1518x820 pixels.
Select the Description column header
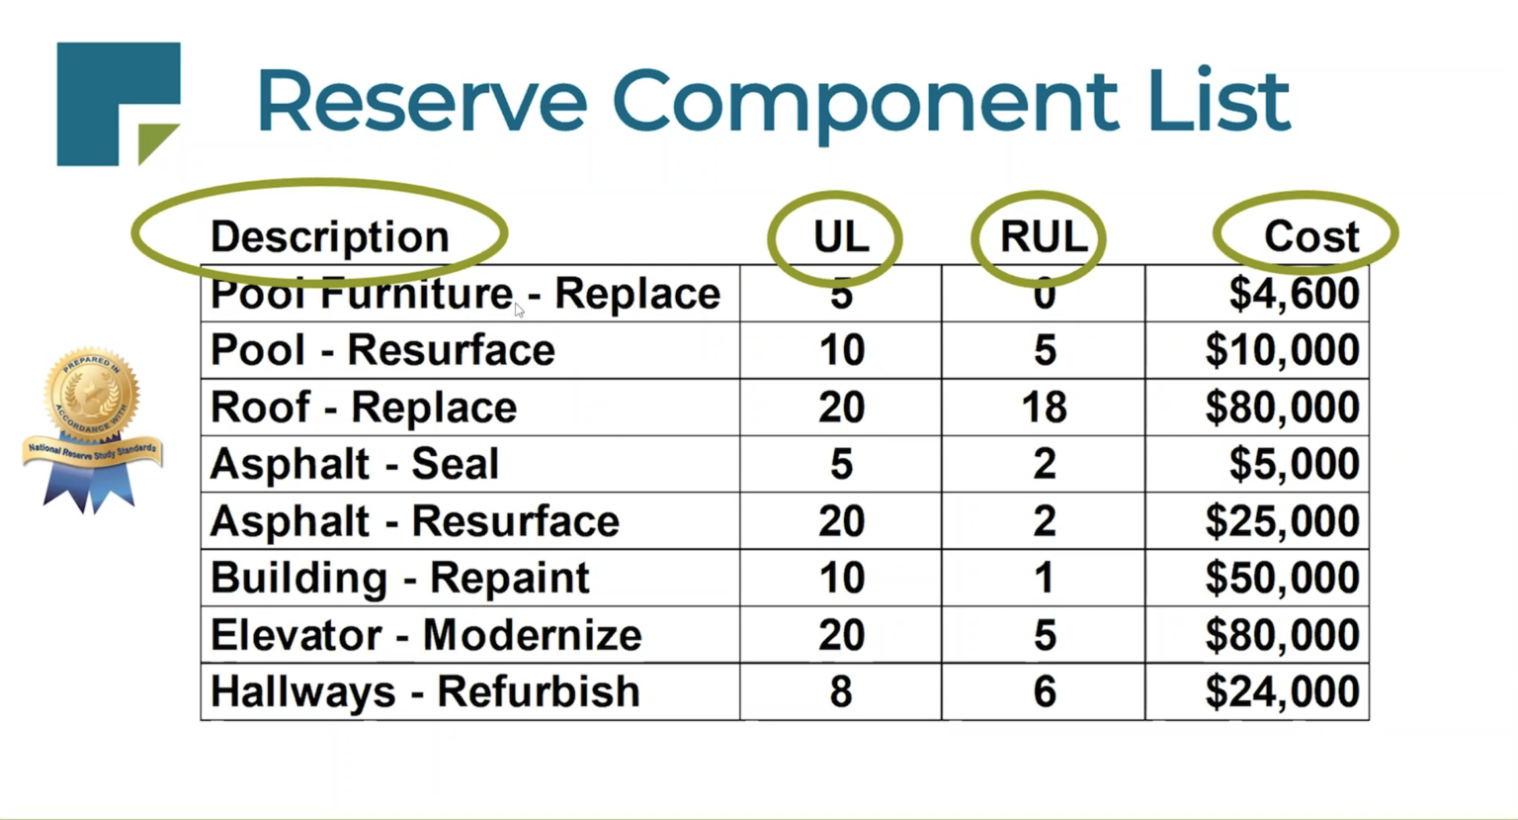[x=329, y=236]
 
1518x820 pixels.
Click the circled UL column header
[x=840, y=236]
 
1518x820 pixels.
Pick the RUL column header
[x=1044, y=236]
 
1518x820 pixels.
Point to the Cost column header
[x=1311, y=236]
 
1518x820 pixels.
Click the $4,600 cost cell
[x=1294, y=294]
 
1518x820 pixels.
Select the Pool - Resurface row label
[x=382, y=350]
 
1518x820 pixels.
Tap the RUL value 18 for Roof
[x=1044, y=408]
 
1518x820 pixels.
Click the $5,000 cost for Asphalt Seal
[x=1294, y=464]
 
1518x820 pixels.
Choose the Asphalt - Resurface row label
[x=414, y=521]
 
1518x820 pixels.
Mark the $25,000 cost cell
[x=1282, y=521]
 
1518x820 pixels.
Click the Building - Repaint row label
[x=399, y=578]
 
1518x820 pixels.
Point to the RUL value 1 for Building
[x=1044, y=578]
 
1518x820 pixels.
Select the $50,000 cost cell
[x=1282, y=578]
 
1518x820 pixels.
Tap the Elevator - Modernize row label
[x=426, y=635]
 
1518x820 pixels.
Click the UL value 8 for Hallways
[x=840, y=691]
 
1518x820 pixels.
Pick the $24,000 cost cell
[x=1282, y=691]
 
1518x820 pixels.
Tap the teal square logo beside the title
[x=117, y=102]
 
